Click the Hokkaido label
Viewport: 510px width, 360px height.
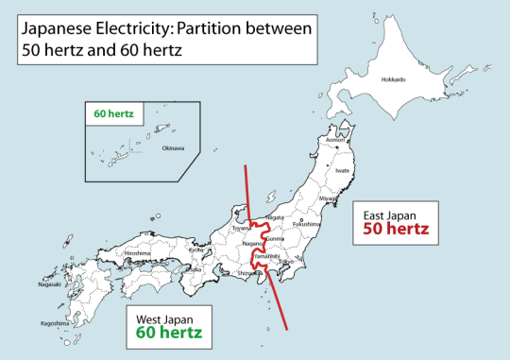393,79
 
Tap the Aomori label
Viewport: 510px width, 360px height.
335,141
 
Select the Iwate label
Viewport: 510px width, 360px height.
343,170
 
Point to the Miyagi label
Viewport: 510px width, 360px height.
328,199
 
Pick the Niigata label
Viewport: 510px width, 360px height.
275,217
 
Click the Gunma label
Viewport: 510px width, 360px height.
276,238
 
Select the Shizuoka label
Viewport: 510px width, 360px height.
247,273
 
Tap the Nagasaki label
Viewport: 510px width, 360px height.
49,283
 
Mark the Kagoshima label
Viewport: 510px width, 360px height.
55,322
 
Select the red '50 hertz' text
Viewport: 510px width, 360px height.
397,229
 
